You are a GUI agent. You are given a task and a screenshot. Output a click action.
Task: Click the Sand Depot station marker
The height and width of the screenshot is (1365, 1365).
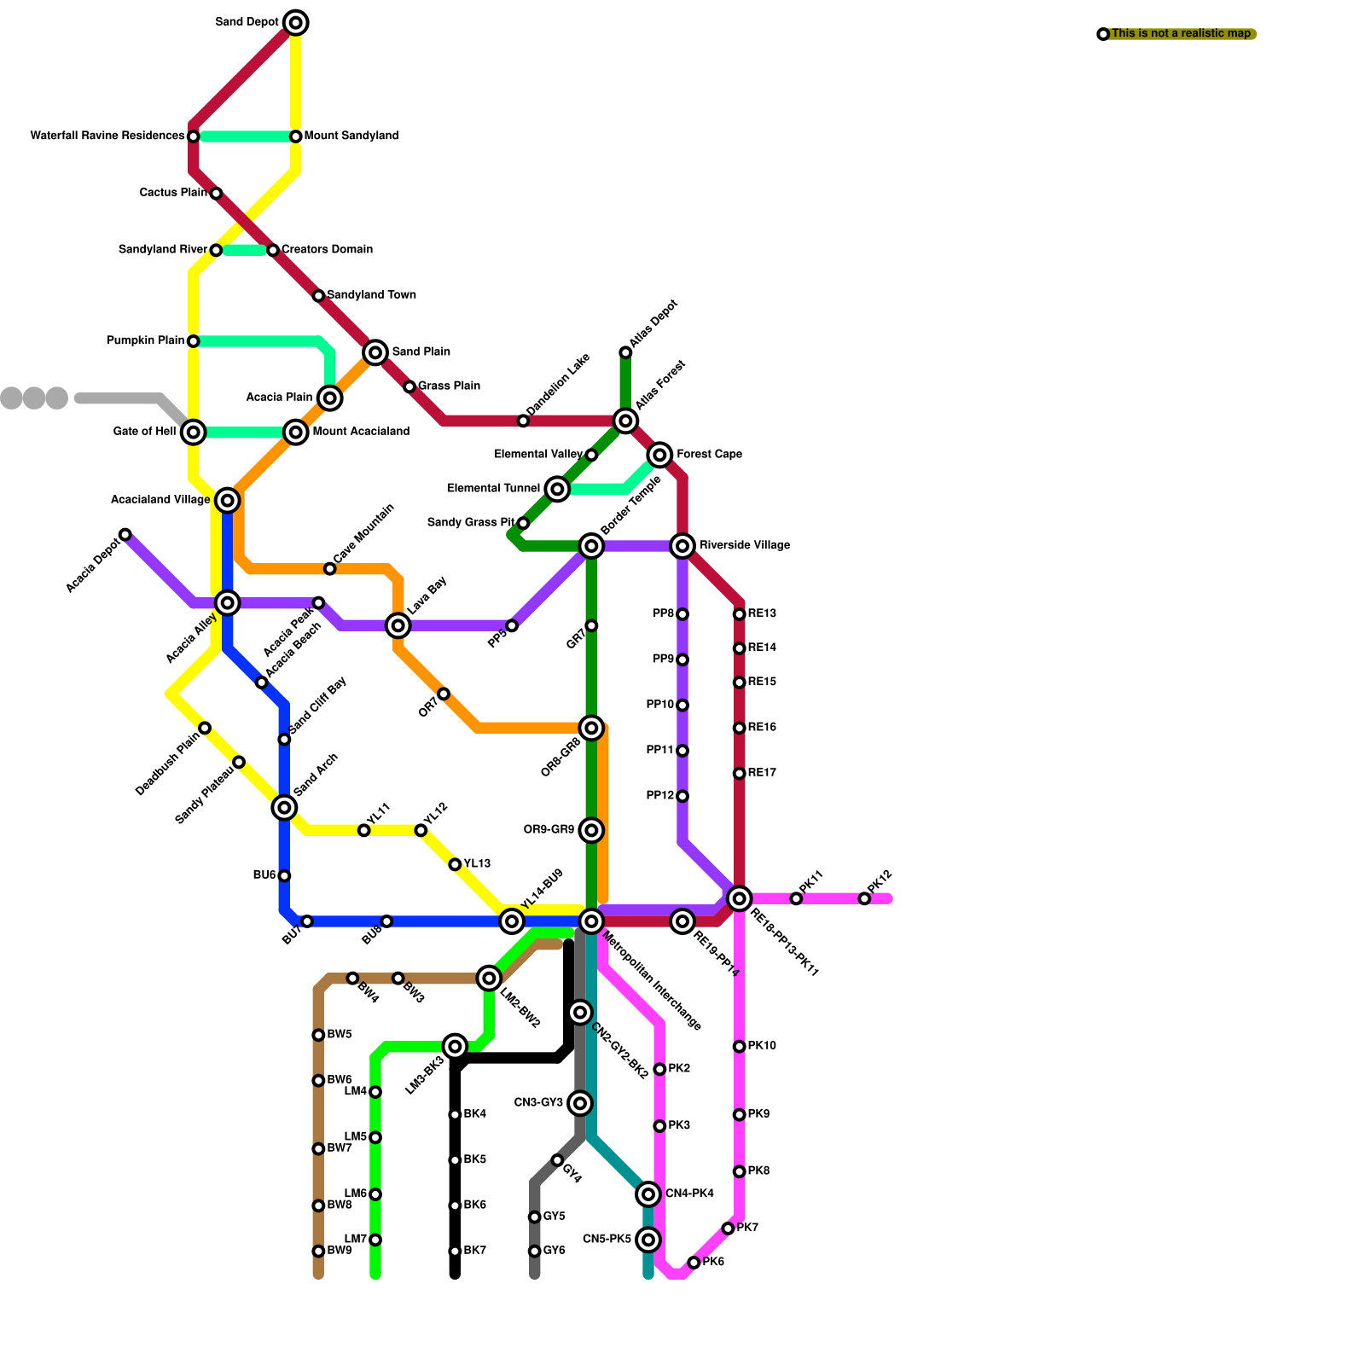(x=295, y=22)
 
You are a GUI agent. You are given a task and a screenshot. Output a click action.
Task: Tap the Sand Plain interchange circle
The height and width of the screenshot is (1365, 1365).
(x=375, y=352)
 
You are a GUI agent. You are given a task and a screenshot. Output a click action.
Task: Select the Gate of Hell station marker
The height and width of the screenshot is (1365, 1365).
(x=194, y=433)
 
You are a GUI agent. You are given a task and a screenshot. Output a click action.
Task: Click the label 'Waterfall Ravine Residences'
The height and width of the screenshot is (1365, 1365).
(x=107, y=136)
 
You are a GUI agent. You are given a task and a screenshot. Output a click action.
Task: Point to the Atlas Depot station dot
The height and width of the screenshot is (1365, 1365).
(x=625, y=352)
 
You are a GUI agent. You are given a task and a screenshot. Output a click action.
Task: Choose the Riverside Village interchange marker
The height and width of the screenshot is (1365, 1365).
(x=682, y=546)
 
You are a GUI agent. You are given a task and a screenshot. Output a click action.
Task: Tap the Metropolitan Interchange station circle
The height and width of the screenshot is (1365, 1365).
(x=591, y=921)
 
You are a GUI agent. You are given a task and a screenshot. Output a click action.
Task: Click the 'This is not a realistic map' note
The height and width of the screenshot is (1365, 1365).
(x=1181, y=34)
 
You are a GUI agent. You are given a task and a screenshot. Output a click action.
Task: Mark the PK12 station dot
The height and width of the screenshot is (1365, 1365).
(x=864, y=898)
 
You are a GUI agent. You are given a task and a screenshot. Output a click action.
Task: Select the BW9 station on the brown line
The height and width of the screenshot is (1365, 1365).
(x=318, y=1252)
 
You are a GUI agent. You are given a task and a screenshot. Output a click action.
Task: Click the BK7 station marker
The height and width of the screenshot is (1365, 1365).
(x=455, y=1252)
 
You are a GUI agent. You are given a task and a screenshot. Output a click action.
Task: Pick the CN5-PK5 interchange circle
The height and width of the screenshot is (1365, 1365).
(x=648, y=1240)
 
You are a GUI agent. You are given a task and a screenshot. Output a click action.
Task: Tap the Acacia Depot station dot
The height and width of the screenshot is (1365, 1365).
(x=125, y=535)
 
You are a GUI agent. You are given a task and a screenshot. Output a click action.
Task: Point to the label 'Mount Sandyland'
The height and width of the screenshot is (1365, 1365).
(x=351, y=136)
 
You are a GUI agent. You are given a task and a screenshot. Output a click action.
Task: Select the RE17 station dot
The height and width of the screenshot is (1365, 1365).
(x=739, y=774)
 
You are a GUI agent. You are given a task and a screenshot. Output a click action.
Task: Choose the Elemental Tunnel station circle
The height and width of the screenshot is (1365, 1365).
(x=557, y=489)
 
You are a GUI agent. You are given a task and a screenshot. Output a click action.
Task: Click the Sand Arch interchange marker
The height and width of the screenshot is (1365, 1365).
(x=284, y=808)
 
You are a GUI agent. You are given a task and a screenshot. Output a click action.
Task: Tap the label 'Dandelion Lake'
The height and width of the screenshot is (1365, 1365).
(x=558, y=386)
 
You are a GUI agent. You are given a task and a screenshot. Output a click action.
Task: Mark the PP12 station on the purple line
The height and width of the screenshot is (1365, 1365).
(x=682, y=796)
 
